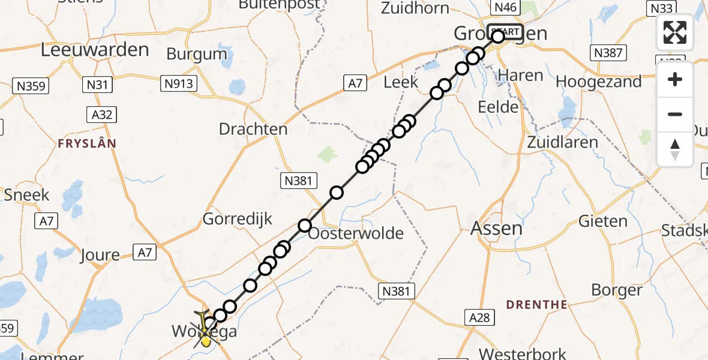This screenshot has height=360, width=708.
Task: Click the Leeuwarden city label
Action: [x=95, y=50]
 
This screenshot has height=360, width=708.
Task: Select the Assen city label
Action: [x=496, y=228]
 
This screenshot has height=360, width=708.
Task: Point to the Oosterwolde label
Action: [x=356, y=233]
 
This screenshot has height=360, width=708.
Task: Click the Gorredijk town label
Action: [x=238, y=218]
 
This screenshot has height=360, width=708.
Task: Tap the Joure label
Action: [x=100, y=255]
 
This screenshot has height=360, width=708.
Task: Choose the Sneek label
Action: [x=26, y=194]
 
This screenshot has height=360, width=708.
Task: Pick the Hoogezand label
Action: [x=599, y=81]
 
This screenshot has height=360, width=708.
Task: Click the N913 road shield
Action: [x=179, y=83]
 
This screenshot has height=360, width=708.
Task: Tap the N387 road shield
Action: [x=608, y=53]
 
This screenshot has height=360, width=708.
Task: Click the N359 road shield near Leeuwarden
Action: [x=29, y=86]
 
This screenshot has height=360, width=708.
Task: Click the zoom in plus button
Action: [x=675, y=79]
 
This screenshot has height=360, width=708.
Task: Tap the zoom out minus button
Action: [x=675, y=114]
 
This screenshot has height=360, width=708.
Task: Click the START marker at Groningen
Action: [x=504, y=32]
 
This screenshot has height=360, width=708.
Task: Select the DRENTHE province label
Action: [x=536, y=305]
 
